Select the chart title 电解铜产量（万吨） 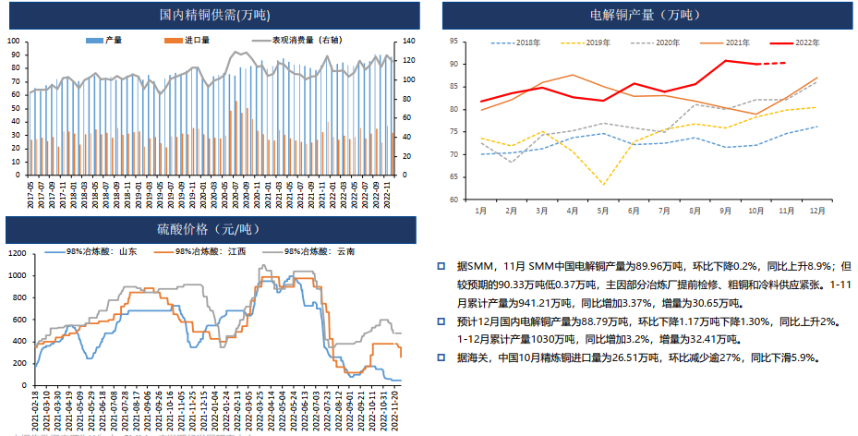click(644, 15)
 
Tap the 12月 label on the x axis click(816, 212)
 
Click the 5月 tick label click(603, 212)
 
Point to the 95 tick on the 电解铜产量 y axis click(454, 42)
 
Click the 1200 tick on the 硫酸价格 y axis click(17, 252)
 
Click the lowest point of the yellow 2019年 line click(603, 184)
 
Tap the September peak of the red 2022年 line click(725, 61)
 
